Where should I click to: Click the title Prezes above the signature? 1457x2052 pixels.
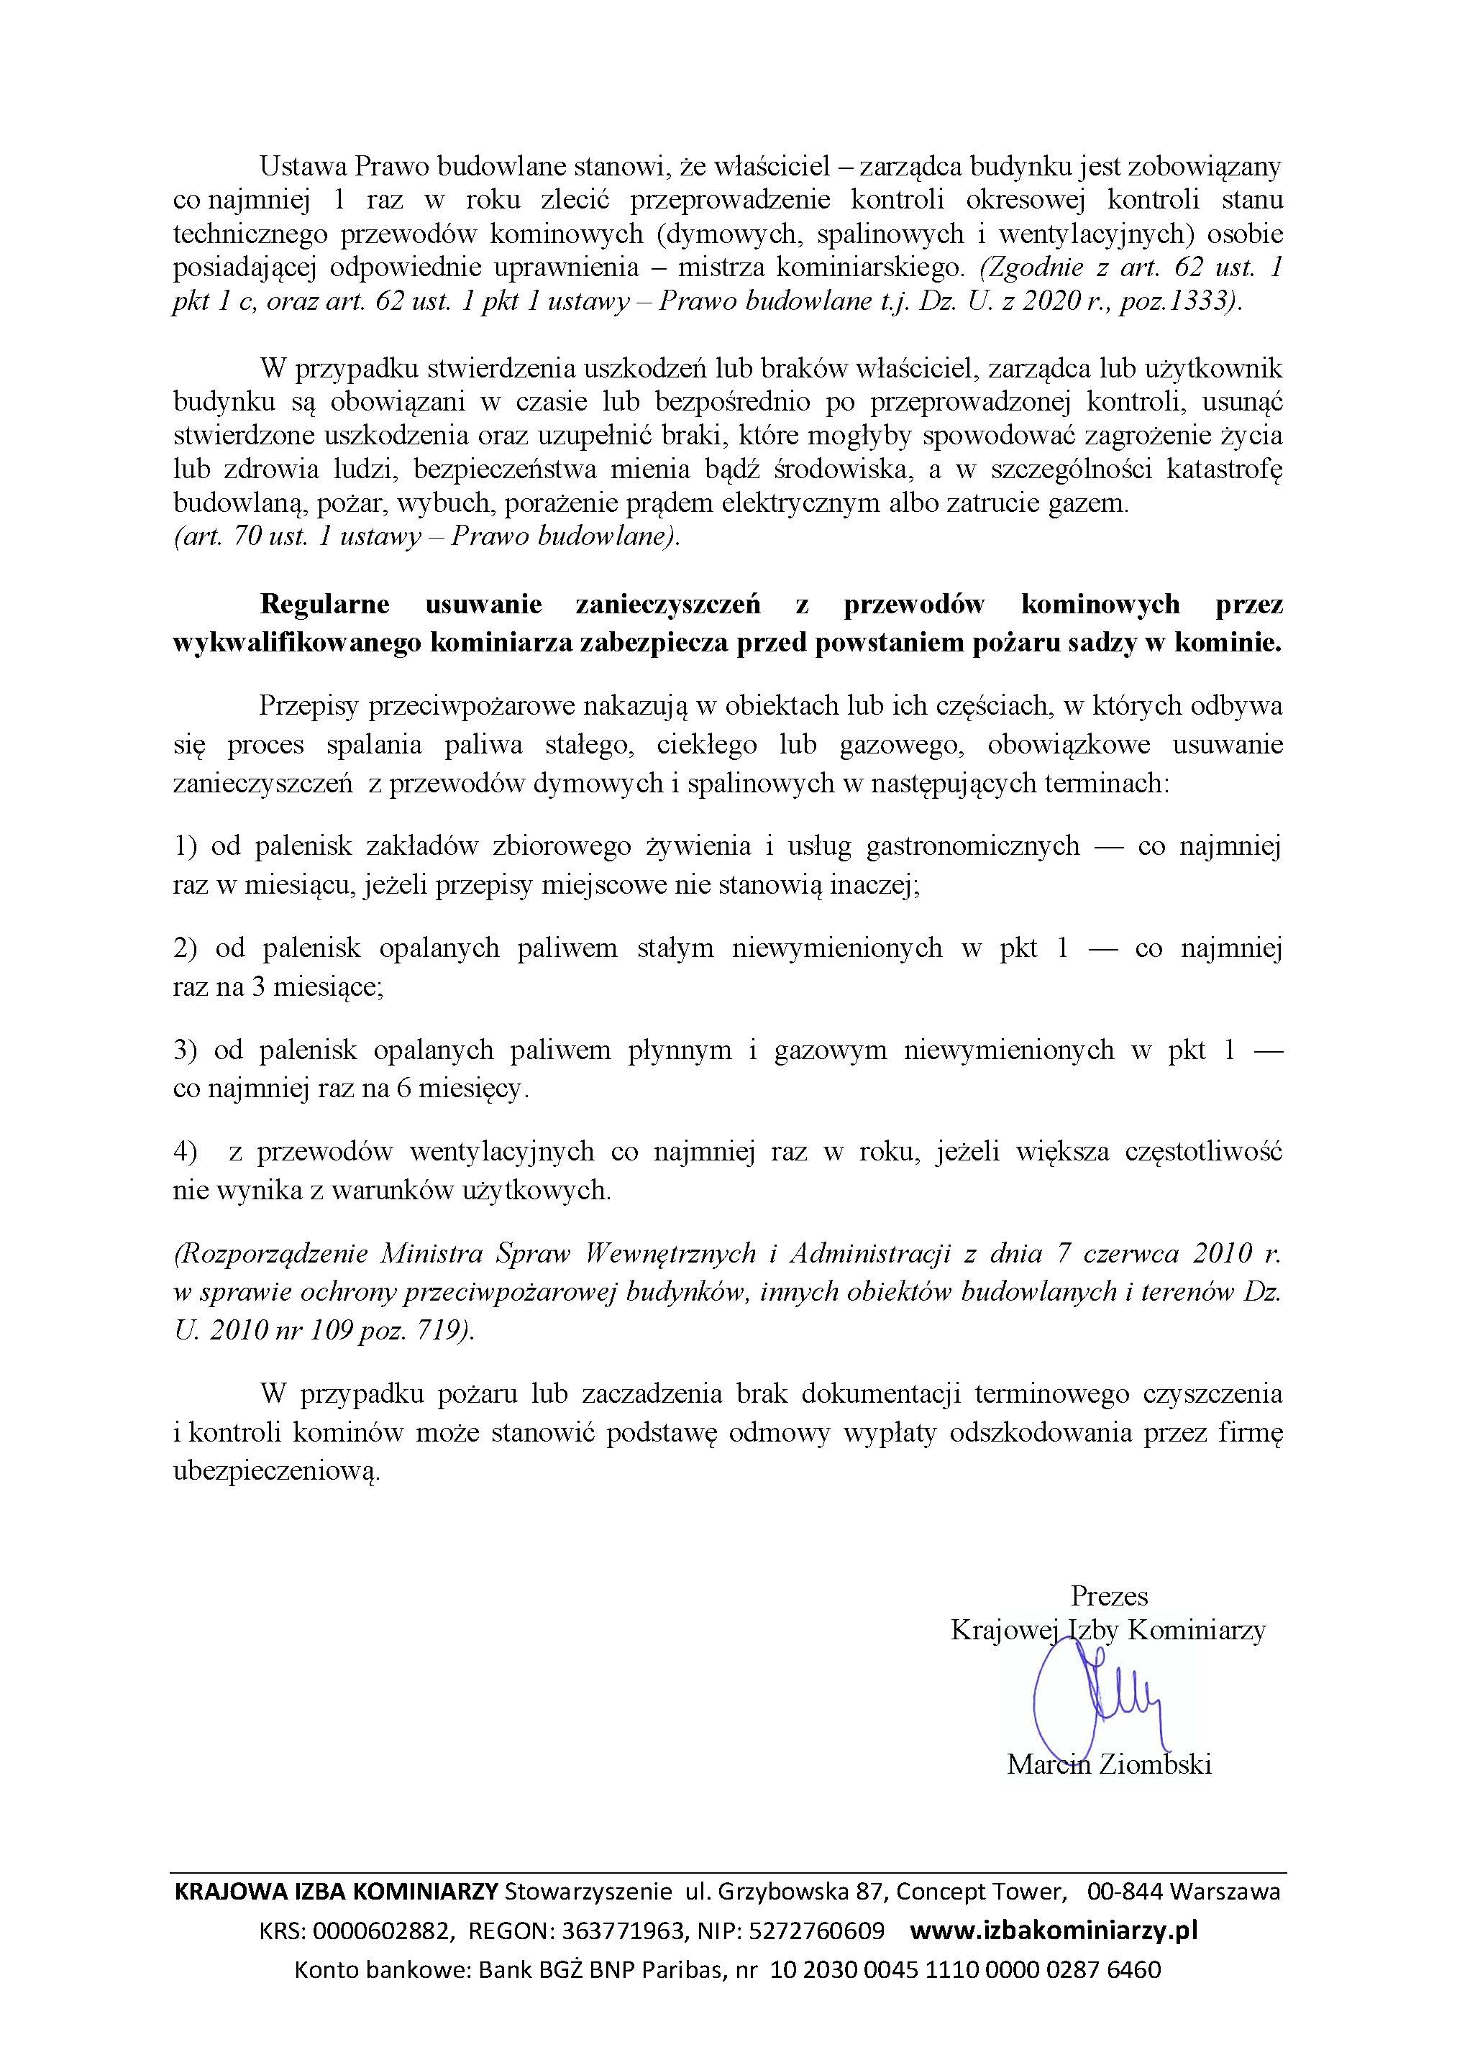[1109, 1595]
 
